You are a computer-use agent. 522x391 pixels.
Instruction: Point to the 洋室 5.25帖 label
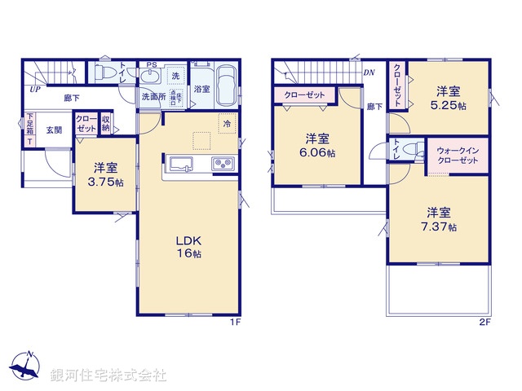(x=449, y=99)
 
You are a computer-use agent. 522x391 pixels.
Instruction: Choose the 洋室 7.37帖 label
(x=440, y=217)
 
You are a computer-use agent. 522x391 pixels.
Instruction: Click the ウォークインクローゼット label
(x=458, y=155)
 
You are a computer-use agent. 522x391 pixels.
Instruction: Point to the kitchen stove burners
(x=223, y=165)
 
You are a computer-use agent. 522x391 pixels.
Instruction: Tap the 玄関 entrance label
(x=54, y=130)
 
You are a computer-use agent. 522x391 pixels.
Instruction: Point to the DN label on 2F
(x=369, y=72)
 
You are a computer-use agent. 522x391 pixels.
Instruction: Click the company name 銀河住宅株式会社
(x=108, y=376)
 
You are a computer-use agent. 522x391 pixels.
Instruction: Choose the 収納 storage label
(x=106, y=125)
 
